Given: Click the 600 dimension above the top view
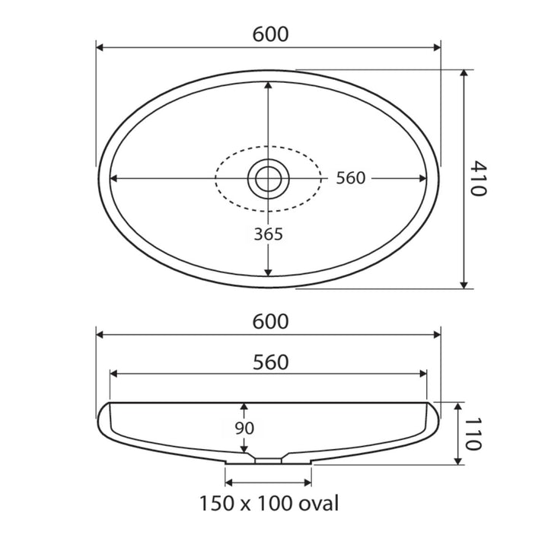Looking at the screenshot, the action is pyautogui.click(x=270, y=34).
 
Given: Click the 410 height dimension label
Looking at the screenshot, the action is pyautogui.click(x=478, y=178).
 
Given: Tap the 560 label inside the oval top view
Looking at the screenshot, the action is pyautogui.click(x=351, y=178).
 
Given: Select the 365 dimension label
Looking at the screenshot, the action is pyautogui.click(x=268, y=234).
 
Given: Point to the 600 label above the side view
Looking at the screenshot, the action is pyautogui.click(x=270, y=321).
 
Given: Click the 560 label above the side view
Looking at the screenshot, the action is pyautogui.click(x=270, y=362).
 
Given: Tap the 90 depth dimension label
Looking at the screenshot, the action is pyautogui.click(x=244, y=428).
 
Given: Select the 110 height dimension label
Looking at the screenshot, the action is pyautogui.click(x=474, y=434).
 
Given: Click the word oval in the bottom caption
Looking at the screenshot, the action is pyautogui.click(x=318, y=504).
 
